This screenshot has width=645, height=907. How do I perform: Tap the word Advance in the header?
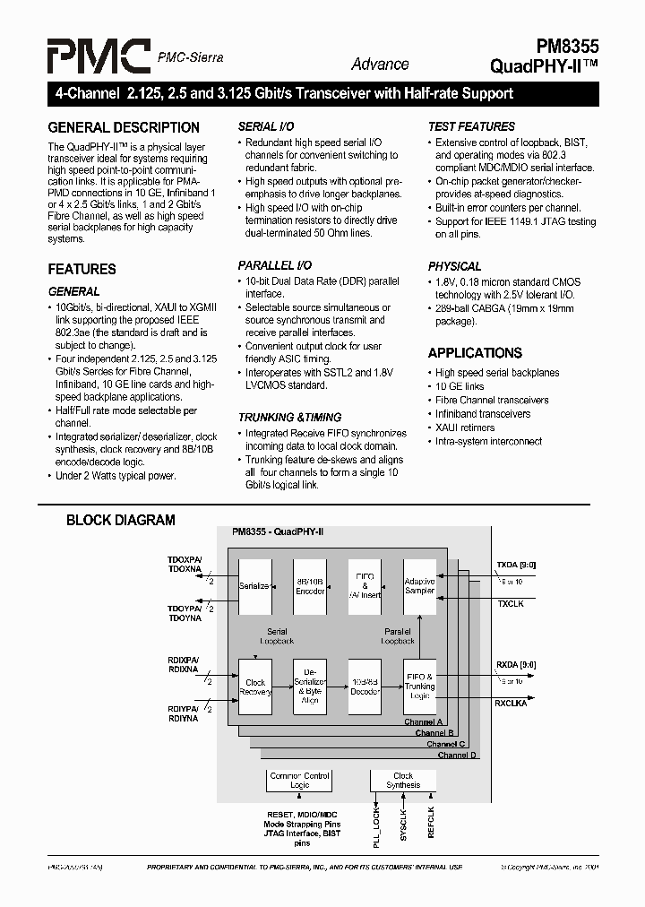click(x=380, y=65)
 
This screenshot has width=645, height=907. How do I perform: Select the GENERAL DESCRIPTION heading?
click(x=124, y=127)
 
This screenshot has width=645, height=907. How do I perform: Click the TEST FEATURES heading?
click(x=471, y=126)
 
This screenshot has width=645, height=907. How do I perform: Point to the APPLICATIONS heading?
click(x=475, y=353)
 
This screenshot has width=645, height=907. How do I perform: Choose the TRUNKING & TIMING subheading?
click(x=289, y=417)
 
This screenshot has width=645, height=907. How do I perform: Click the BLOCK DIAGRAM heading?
click(x=121, y=520)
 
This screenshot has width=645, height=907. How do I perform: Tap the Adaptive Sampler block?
click(x=419, y=586)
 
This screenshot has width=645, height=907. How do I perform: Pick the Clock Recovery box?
click(x=255, y=687)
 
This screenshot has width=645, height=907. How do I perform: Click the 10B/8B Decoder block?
click(x=365, y=687)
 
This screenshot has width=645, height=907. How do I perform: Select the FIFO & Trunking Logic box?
click(x=419, y=687)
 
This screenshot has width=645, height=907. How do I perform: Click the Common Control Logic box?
click(x=300, y=780)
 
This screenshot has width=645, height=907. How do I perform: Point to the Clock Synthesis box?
click(x=403, y=780)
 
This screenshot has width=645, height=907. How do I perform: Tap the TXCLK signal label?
click(x=511, y=605)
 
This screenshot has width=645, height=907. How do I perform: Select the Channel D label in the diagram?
click(x=457, y=756)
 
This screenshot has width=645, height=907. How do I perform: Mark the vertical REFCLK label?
click(x=431, y=822)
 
